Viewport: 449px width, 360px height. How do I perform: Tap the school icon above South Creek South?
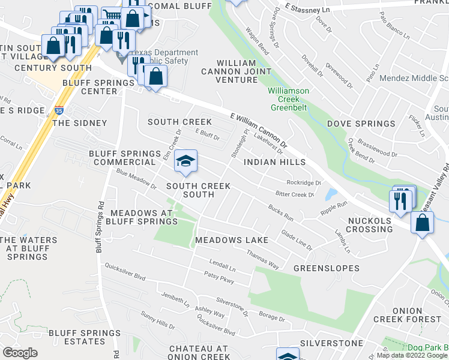point(185,161)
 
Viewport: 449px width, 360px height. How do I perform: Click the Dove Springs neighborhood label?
point(360,124)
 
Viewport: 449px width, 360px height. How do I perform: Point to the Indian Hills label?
point(275,162)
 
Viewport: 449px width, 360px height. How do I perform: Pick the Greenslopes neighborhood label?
point(326,268)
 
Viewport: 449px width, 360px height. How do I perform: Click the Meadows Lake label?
point(231,241)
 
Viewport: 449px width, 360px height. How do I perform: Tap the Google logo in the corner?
point(20,352)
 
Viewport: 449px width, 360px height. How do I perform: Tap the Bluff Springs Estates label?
point(77,337)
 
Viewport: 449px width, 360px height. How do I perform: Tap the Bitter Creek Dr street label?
point(295,194)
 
